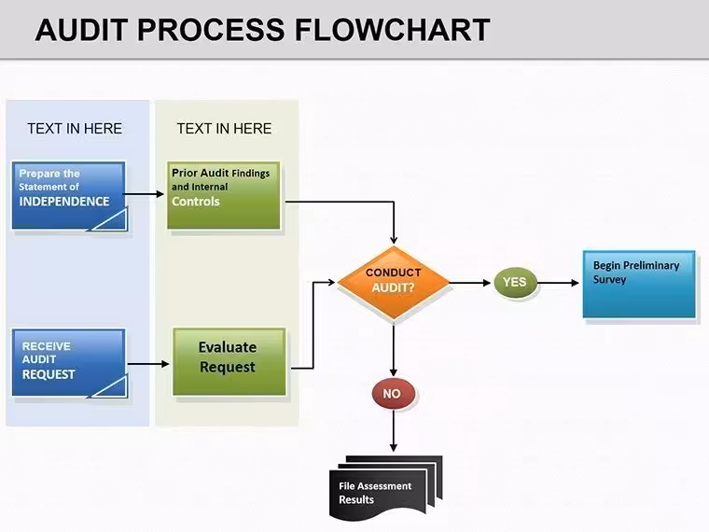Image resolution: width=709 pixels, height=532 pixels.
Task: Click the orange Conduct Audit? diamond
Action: click(x=394, y=283)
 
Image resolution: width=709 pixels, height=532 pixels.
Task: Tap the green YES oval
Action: click(x=515, y=282)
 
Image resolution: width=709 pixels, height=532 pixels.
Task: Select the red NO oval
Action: click(x=393, y=393)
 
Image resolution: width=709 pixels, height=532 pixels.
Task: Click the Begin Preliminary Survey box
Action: click(x=639, y=284)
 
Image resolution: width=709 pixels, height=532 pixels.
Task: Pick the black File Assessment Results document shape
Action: click(x=385, y=487)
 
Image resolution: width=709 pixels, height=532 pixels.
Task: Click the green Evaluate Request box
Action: click(x=229, y=361)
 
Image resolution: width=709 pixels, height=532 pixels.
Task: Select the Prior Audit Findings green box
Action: click(x=223, y=195)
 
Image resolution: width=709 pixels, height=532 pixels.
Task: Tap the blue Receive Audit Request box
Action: click(x=69, y=363)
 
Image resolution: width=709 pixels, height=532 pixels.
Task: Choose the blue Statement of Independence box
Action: click(x=69, y=196)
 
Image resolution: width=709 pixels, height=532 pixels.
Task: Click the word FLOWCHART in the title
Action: click(x=393, y=30)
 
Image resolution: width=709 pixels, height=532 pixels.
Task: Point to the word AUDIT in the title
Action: click(x=81, y=30)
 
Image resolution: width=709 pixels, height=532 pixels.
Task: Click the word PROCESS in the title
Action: click(x=211, y=30)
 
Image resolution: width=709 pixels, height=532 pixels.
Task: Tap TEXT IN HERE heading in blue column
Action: click(x=75, y=129)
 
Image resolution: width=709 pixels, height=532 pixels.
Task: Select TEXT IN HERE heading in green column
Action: click(x=224, y=129)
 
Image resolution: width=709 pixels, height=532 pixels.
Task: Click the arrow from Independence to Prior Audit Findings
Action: click(x=144, y=194)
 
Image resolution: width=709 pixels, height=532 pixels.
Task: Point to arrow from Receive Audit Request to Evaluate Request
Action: click(x=148, y=364)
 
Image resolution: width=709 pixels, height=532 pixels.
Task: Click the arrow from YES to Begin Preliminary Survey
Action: click(x=558, y=283)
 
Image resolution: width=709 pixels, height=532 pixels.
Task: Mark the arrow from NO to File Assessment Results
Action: click(x=394, y=430)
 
